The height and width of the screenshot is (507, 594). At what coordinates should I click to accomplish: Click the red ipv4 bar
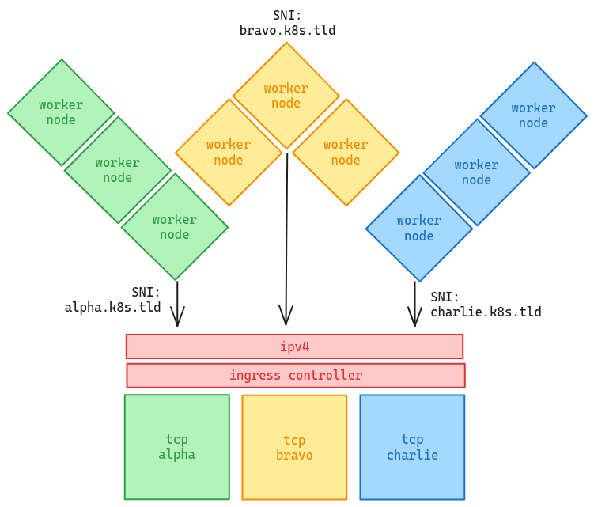tap(294, 346)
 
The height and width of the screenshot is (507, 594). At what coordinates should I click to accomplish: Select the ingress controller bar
tap(296, 376)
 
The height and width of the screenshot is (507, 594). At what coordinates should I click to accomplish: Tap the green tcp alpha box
tap(176, 447)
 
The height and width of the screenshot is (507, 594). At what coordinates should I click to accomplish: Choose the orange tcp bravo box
tap(294, 448)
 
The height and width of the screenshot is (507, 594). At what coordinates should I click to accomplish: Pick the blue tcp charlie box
tap(412, 448)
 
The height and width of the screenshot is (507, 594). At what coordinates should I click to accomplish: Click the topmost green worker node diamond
tap(61, 112)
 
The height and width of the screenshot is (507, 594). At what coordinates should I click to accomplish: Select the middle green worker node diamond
tap(118, 170)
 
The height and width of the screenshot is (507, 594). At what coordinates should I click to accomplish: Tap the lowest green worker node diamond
tap(175, 227)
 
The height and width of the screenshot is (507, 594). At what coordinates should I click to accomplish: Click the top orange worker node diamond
tap(286, 96)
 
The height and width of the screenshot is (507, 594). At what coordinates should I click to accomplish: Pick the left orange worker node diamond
tap(229, 152)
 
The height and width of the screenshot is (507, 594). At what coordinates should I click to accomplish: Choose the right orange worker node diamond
tap(346, 152)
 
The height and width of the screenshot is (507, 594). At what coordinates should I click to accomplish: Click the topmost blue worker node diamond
tap(533, 115)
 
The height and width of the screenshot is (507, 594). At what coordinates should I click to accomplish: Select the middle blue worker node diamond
tap(476, 172)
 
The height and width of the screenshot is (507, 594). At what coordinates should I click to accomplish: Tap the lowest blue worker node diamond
tap(419, 228)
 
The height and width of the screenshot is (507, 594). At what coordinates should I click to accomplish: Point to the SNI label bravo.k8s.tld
tap(287, 23)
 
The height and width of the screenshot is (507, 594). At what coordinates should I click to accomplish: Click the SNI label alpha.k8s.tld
tap(113, 300)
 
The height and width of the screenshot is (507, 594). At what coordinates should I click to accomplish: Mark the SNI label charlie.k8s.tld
tap(485, 305)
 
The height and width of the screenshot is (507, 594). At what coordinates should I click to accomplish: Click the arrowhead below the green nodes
tap(178, 318)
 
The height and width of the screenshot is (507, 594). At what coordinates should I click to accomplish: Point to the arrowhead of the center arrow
tap(286, 316)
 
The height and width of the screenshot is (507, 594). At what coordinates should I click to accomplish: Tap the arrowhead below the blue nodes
tap(414, 318)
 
